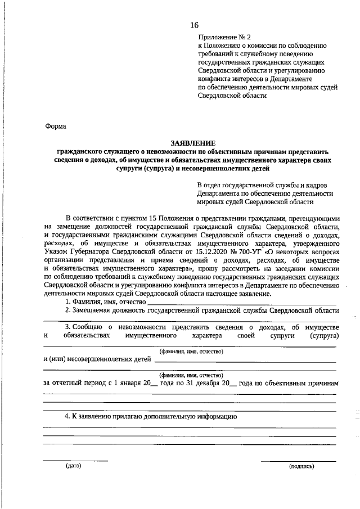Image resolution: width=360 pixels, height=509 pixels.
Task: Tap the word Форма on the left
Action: pyautogui.click(x=56, y=127)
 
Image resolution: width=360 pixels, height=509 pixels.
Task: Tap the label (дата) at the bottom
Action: pyautogui.click(x=73, y=466)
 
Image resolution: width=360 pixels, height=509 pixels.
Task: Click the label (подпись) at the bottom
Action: pyautogui.click(x=301, y=466)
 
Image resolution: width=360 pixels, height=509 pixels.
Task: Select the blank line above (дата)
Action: pyautogui.click(x=75, y=461)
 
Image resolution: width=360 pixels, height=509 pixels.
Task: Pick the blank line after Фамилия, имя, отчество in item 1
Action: pyautogui.click(x=241, y=304)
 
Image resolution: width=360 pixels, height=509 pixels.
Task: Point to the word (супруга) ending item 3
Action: pyautogui.click(x=324, y=336)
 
